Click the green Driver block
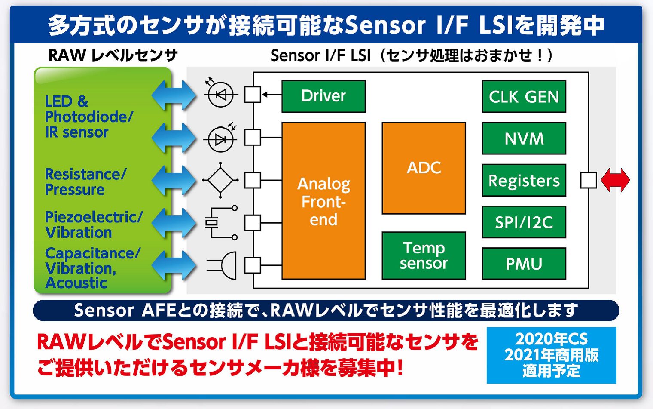point(323,96)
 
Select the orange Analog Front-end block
point(323,201)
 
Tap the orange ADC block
point(424,168)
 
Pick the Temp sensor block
point(424,255)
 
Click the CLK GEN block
point(524,96)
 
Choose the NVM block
point(524,138)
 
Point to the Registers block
point(524,180)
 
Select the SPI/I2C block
point(524,222)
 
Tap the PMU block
point(524,264)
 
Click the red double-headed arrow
point(615,180)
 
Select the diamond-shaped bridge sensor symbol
point(220,180)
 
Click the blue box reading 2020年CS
point(551,355)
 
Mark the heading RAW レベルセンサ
point(113,55)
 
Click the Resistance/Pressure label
point(85,182)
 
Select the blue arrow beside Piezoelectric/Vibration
point(174,223)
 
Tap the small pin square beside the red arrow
point(588,180)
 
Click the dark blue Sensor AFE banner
point(326,311)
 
